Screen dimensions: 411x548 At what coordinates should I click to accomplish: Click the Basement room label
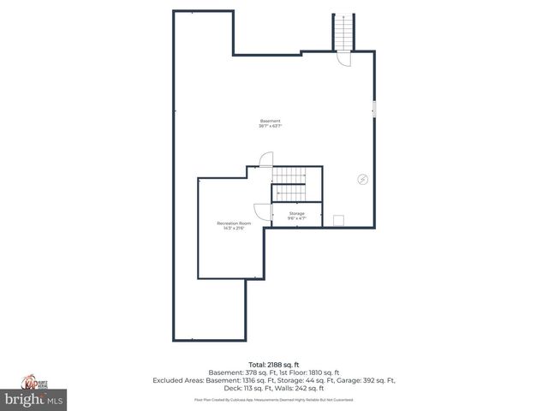coord(271,121)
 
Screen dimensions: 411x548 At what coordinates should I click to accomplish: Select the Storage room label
coord(296,213)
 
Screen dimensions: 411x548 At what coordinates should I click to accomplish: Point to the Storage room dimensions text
coord(296,218)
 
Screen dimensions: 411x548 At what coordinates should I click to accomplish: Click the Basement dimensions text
coord(271,126)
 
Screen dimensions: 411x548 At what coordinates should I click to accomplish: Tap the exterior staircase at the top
coord(343,33)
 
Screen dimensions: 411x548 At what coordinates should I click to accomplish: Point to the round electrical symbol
coord(362,179)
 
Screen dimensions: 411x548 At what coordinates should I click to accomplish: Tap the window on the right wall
coord(373,108)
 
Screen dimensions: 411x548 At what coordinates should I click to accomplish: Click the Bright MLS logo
coord(34,400)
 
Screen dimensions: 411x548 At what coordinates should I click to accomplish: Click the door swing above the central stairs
coord(265,159)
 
